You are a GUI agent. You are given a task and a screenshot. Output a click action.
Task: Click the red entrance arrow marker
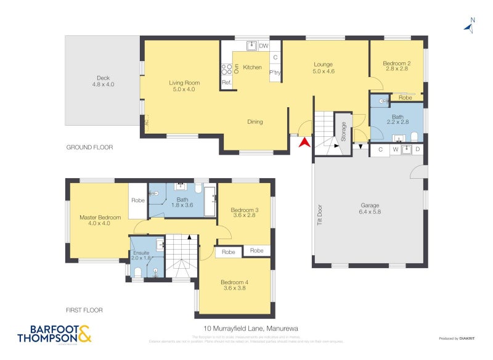(x=303, y=143)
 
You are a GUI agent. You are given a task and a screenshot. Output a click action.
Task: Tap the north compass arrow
(x=470, y=27)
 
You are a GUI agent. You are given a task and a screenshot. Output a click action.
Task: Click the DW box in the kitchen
(x=263, y=46)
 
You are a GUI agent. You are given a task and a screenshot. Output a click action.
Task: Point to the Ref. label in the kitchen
(x=226, y=83)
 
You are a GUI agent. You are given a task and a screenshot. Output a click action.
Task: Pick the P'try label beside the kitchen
(x=275, y=72)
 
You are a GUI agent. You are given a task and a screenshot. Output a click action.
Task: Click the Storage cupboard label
(x=343, y=133)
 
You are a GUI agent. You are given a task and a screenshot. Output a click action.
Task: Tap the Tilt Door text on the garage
(x=319, y=214)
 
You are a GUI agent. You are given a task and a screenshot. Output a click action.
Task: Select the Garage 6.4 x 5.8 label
(x=370, y=209)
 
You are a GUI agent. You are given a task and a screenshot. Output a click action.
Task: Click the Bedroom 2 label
(x=396, y=63)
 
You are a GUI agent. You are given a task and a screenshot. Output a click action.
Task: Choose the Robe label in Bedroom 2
(x=405, y=97)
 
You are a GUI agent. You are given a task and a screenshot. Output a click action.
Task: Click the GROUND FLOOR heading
(x=89, y=147)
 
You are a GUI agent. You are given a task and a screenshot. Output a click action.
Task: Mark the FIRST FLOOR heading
(x=84, y=310)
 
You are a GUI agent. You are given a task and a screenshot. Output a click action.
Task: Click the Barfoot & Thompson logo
(x=54, y=333)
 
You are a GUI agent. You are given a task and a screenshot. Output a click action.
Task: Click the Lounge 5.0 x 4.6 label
(x=323, y=67)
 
